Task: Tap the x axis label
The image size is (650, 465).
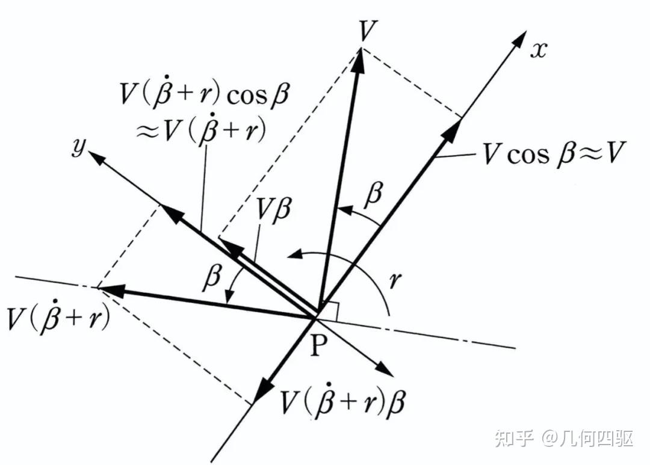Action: [539, 50]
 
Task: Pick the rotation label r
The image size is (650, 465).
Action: [395, 280]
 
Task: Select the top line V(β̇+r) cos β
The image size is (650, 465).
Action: [204, 94]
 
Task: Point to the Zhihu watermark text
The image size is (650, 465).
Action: [564, 439]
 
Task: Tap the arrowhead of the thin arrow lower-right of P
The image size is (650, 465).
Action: [385, 369]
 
